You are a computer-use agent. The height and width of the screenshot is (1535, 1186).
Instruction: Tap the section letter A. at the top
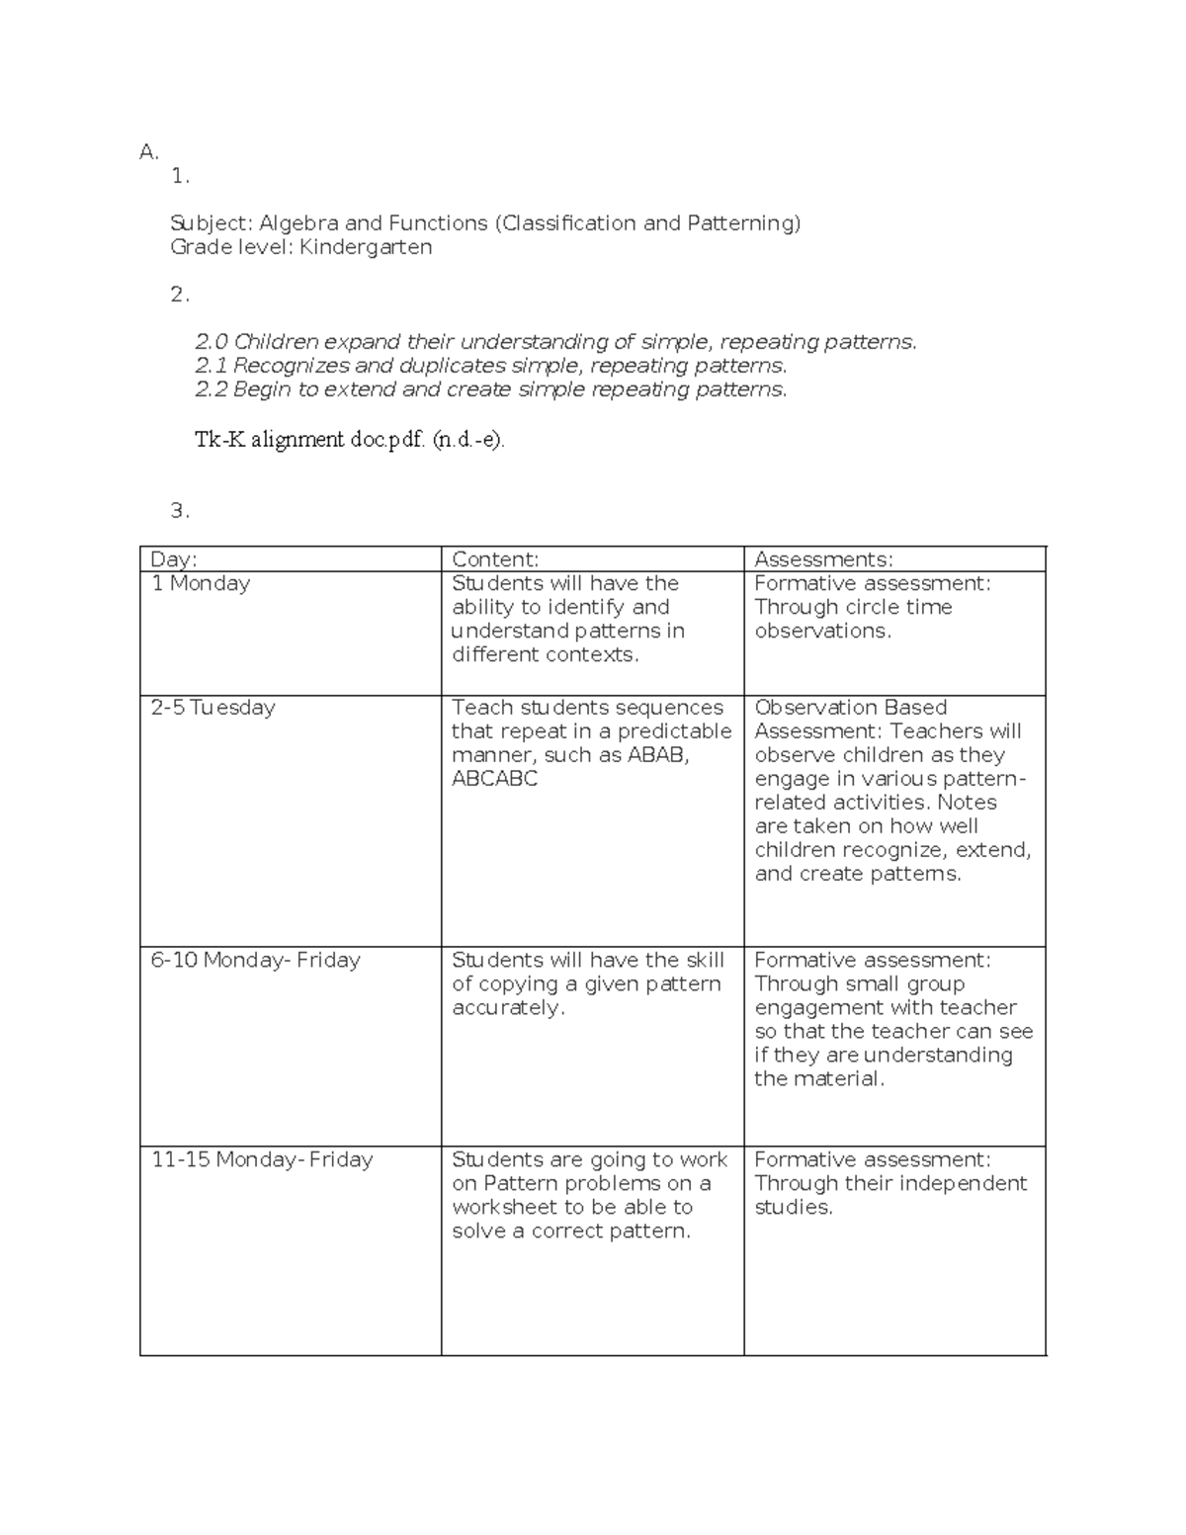(149, 152)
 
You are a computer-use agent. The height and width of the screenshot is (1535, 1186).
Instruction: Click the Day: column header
(173, 559)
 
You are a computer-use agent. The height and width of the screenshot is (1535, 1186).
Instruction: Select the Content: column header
(494, 559)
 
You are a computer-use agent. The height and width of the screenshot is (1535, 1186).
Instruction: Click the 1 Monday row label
(201, 583)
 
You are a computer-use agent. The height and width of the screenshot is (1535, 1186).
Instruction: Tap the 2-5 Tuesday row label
(212, 708)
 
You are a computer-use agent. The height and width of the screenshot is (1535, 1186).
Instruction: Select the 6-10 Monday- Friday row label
(255, 960)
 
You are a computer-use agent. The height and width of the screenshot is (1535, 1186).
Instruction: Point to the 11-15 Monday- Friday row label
(262, 1159)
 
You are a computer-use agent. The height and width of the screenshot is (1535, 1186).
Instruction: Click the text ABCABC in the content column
(494, 779)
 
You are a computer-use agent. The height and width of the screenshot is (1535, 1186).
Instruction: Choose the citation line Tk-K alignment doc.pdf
(349, 440)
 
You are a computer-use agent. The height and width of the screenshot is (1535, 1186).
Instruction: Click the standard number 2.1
(212, 366)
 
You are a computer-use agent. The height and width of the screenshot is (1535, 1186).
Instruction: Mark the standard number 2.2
(212, 389)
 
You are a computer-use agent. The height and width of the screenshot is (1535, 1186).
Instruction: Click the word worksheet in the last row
(504, 1207)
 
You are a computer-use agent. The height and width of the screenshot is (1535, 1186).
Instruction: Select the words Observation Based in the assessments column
(850, 708)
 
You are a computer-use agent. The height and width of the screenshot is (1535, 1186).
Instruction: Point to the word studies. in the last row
(793, 1207)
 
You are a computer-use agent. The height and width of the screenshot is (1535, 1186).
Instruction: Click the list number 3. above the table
(179, 511)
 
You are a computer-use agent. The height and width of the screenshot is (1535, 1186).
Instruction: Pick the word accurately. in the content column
(508, 1007)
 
